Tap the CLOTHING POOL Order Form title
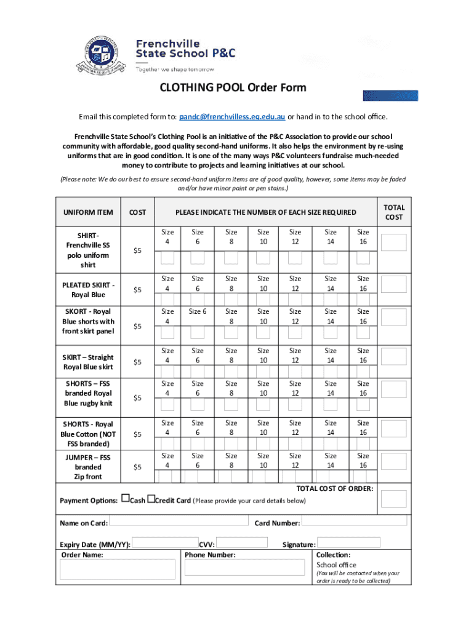coord(233,87)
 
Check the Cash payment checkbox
coord(125,499)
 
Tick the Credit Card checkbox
coord(150,499)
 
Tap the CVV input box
coord(241,543)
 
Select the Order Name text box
coord(118,570)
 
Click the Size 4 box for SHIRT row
coord(167,258)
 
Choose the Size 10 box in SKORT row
coord(263,333)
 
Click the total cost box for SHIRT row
coord(393,242)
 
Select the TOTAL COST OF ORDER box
coord(393,499)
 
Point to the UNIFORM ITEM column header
coord(88,212)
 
